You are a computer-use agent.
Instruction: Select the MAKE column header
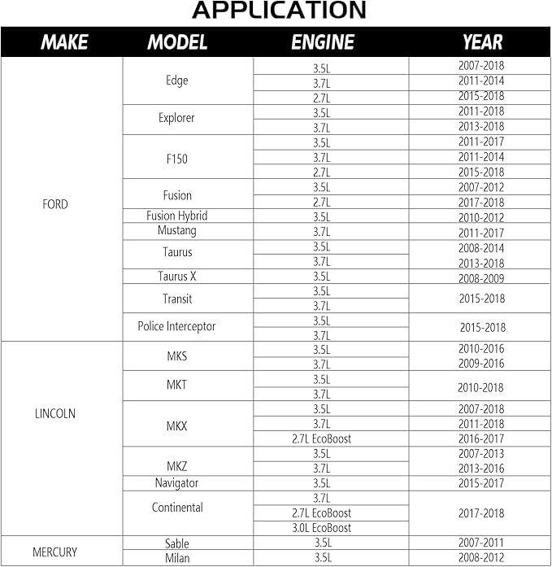click(64, 42)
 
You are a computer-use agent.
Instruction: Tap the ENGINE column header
click(323, 42)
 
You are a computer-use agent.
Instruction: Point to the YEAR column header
click(482, 42)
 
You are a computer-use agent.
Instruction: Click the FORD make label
click(55, 204)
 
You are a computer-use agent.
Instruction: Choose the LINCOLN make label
click(55, 413)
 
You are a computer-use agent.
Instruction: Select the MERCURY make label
click(54, 552)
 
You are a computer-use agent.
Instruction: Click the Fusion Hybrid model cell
click(176, 216)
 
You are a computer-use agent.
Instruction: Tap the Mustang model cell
click(176, 231)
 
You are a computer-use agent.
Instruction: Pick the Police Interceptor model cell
click(176, 326)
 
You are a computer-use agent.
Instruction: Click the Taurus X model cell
click(176, 277)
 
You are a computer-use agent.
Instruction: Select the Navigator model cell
click(176, 483)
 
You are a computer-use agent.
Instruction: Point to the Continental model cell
click(176, 508)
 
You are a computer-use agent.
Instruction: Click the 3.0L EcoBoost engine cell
click(321, 528)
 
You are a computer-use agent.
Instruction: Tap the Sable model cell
click(176, 543)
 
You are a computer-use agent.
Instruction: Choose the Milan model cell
click(176, 558)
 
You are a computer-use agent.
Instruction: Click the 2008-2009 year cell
click(481, 277)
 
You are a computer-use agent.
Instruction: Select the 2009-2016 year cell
click(481, 364)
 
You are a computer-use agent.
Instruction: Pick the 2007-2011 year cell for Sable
click(481, 543)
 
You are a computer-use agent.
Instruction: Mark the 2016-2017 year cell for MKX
click(481, 438)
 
